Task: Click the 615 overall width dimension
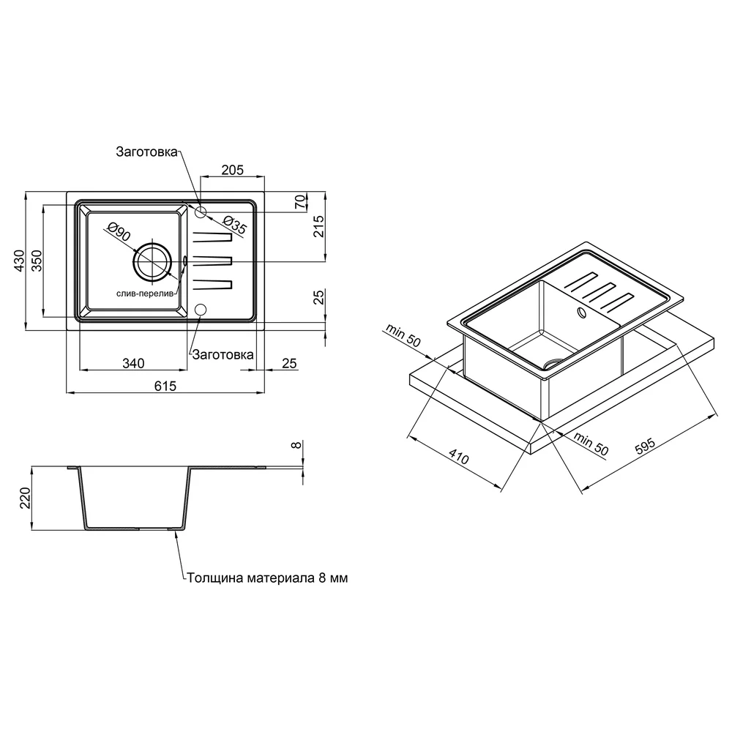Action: [x=165, y=386]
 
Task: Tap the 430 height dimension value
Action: [x=19, y=261]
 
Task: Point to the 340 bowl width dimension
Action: [x=133, y=363]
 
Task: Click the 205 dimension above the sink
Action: [x=233, y=170]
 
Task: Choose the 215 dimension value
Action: [x=319, y=226]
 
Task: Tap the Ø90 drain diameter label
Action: [x=119, y=231]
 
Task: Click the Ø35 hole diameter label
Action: [x=234, y=225]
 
